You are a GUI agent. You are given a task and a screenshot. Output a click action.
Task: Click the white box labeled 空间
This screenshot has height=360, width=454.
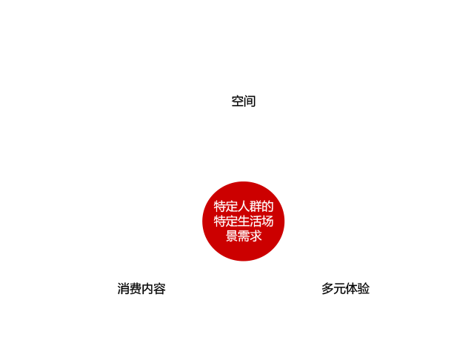(x=244, y=101)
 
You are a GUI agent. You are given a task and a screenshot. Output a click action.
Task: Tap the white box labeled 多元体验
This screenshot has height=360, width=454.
(x=346, y=289)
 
